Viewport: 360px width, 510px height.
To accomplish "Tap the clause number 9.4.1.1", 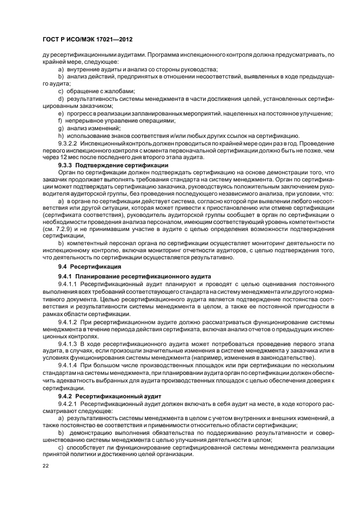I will (69, 284).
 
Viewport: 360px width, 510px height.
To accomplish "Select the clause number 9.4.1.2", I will (69, 322).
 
